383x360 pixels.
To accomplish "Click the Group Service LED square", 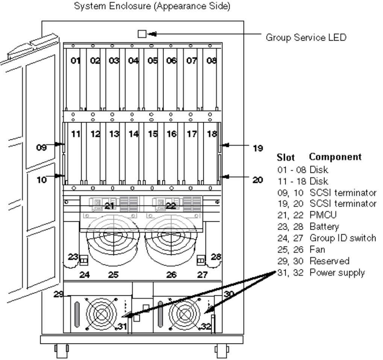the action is point(142,34).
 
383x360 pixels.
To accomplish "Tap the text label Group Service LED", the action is point(306,37).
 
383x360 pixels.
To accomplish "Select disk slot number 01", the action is point(76,61).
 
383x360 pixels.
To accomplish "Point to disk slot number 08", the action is point(212,61).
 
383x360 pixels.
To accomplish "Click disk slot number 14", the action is point(133,134).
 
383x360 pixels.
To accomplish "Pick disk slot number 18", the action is point(212,134).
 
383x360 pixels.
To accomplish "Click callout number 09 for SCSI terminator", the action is point(41,148).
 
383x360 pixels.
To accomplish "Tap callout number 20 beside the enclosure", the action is point(258,180).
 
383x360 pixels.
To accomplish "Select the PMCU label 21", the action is point(109,206).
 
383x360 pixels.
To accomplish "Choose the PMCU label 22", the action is point(171,206).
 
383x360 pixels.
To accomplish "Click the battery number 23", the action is point(73,257).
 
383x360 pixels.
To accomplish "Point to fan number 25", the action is point(114,275).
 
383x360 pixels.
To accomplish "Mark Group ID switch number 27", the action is point(202,275).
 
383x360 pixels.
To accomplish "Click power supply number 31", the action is point(123,326).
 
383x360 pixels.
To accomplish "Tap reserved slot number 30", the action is point(229,294).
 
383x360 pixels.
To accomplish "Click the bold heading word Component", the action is point(335,157).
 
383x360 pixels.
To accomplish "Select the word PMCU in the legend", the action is point(323,215).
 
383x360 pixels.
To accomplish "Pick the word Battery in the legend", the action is point(324,227).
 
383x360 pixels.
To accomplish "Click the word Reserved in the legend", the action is point(330,261).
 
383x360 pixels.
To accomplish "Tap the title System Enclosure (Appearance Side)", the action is point(152,6).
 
